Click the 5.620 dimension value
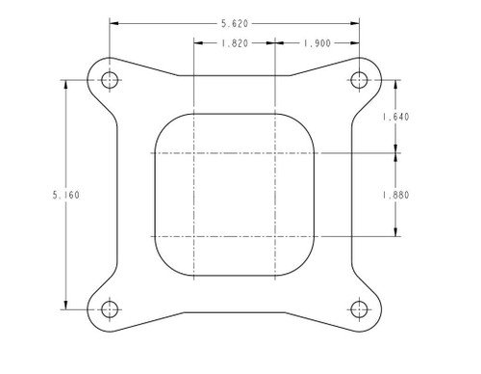[235, 23]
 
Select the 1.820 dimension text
[235, 43]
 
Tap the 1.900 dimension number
[316, 43]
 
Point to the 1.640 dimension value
[395, 117]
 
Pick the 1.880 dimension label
[395, 195]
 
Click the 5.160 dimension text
[65, 195]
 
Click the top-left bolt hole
[110, 80]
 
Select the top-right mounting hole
[359, 80]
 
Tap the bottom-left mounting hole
[110, 309]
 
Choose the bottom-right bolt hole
[359, 309]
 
